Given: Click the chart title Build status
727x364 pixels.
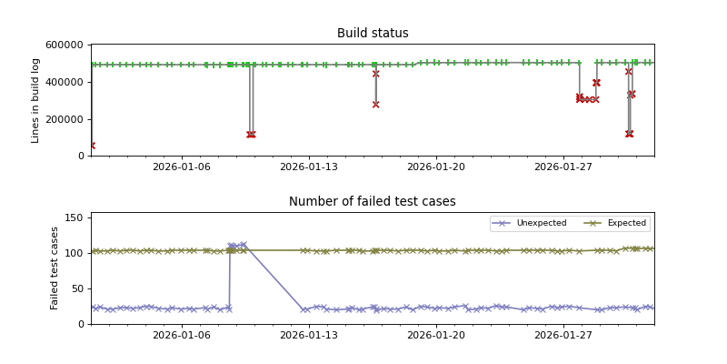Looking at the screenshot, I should [x=373, y=34].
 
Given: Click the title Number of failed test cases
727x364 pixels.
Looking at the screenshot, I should [x=373, y=202].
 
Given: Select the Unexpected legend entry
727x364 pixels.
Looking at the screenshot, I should [x=541, y=223].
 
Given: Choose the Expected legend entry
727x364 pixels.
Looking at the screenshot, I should [x=626, y=223].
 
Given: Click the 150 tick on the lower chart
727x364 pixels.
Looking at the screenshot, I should [x=75, y=218].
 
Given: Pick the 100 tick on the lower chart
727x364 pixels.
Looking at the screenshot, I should [x=75, y=253].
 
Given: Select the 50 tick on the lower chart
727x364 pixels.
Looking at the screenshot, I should [x=77, y=288].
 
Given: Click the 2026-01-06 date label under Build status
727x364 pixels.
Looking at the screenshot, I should [x=182, y=167].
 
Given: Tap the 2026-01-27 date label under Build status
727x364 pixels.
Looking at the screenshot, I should [x=564, y=167].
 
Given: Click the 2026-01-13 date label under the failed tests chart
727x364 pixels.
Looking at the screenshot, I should [x=309, y=336].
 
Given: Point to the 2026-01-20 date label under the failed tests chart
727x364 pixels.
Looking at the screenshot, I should [x=436, y=336].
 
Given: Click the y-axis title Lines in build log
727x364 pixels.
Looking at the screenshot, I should [x=36, y=100].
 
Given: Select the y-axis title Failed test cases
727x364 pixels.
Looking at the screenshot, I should [x=55, y=268].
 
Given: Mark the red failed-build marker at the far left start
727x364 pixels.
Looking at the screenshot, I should [x=91, y=145].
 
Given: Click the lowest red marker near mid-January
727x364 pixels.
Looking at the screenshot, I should [x=375, y=105].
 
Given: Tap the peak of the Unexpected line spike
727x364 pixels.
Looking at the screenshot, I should [x=243, y=244].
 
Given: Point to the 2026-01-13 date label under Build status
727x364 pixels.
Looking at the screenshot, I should [x=309, y=167].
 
